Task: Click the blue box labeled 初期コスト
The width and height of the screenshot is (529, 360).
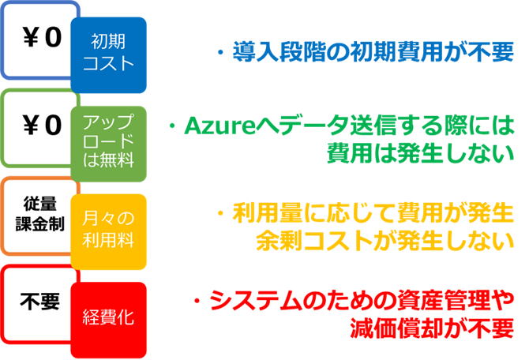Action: (x=108, y=55)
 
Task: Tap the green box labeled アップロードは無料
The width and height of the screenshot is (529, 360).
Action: (x=108, y=144)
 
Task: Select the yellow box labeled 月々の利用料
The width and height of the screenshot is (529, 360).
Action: (x=108, y=232)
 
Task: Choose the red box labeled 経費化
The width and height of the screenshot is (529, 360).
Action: (x=108, y=320)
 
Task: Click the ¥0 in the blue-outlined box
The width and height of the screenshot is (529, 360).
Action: (x=42, y=37)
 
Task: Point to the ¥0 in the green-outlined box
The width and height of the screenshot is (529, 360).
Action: (x=42, y=126)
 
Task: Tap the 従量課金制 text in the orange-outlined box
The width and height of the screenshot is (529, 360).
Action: (x=39, y=214)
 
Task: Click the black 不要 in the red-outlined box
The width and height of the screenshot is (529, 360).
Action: (x=39, y=302)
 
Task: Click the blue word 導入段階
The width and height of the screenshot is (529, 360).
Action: (x=280, y=51)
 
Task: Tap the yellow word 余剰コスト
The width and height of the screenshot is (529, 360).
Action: (x=314, y=241)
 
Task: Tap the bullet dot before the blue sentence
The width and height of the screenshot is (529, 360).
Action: (x=221, y=52)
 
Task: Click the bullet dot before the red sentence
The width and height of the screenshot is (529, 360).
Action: (x=197, y=301)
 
